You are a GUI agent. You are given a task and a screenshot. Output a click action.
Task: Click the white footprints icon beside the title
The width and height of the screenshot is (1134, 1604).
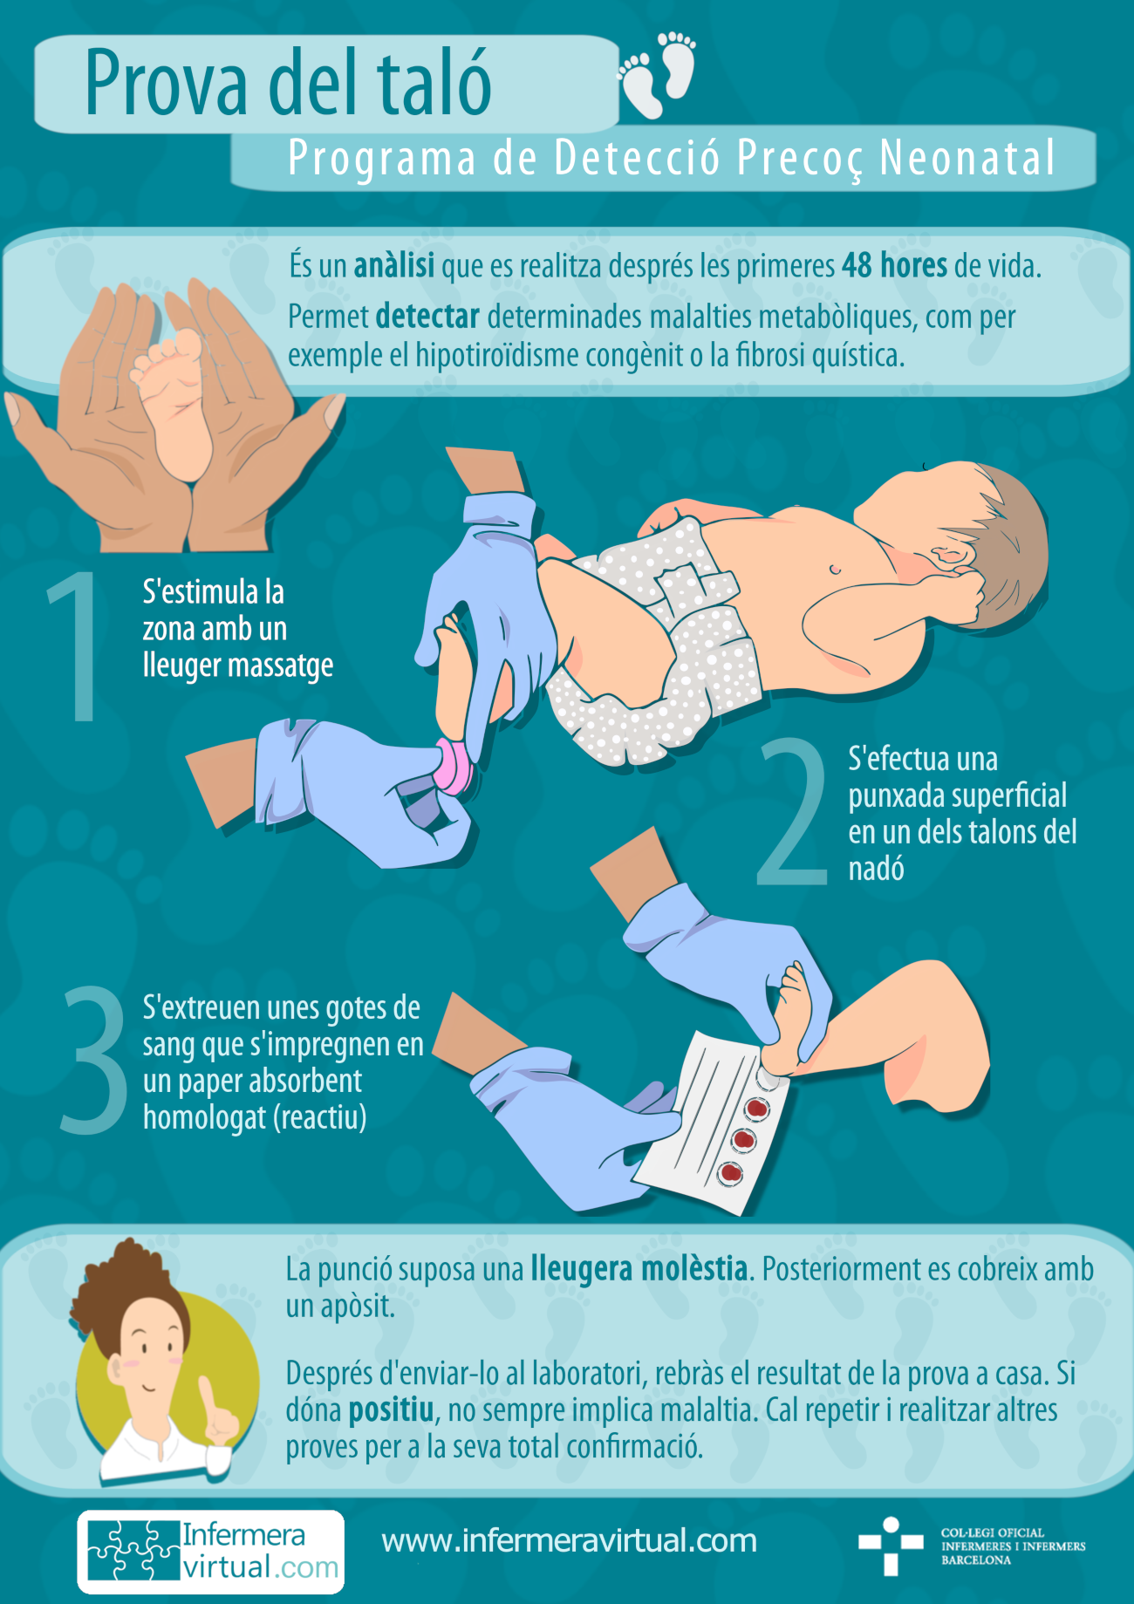click(659, 77)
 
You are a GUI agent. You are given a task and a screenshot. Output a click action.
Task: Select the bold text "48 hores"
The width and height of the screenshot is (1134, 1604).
click(894, 266)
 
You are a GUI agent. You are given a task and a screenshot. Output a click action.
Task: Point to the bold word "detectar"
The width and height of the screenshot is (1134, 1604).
click(427, 317)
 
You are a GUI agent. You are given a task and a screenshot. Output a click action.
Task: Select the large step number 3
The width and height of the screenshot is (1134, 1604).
click(94, 1061)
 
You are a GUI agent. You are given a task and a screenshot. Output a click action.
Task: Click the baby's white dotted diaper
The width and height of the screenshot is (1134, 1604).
click(663, 645)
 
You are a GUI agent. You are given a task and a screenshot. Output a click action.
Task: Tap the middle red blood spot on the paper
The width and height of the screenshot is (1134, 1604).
click(743, 1139)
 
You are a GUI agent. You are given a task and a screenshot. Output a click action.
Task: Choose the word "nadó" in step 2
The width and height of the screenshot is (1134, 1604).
click(876, 870)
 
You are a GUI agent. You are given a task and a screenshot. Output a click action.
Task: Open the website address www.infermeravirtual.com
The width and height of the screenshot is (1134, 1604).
click(569, 1541)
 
